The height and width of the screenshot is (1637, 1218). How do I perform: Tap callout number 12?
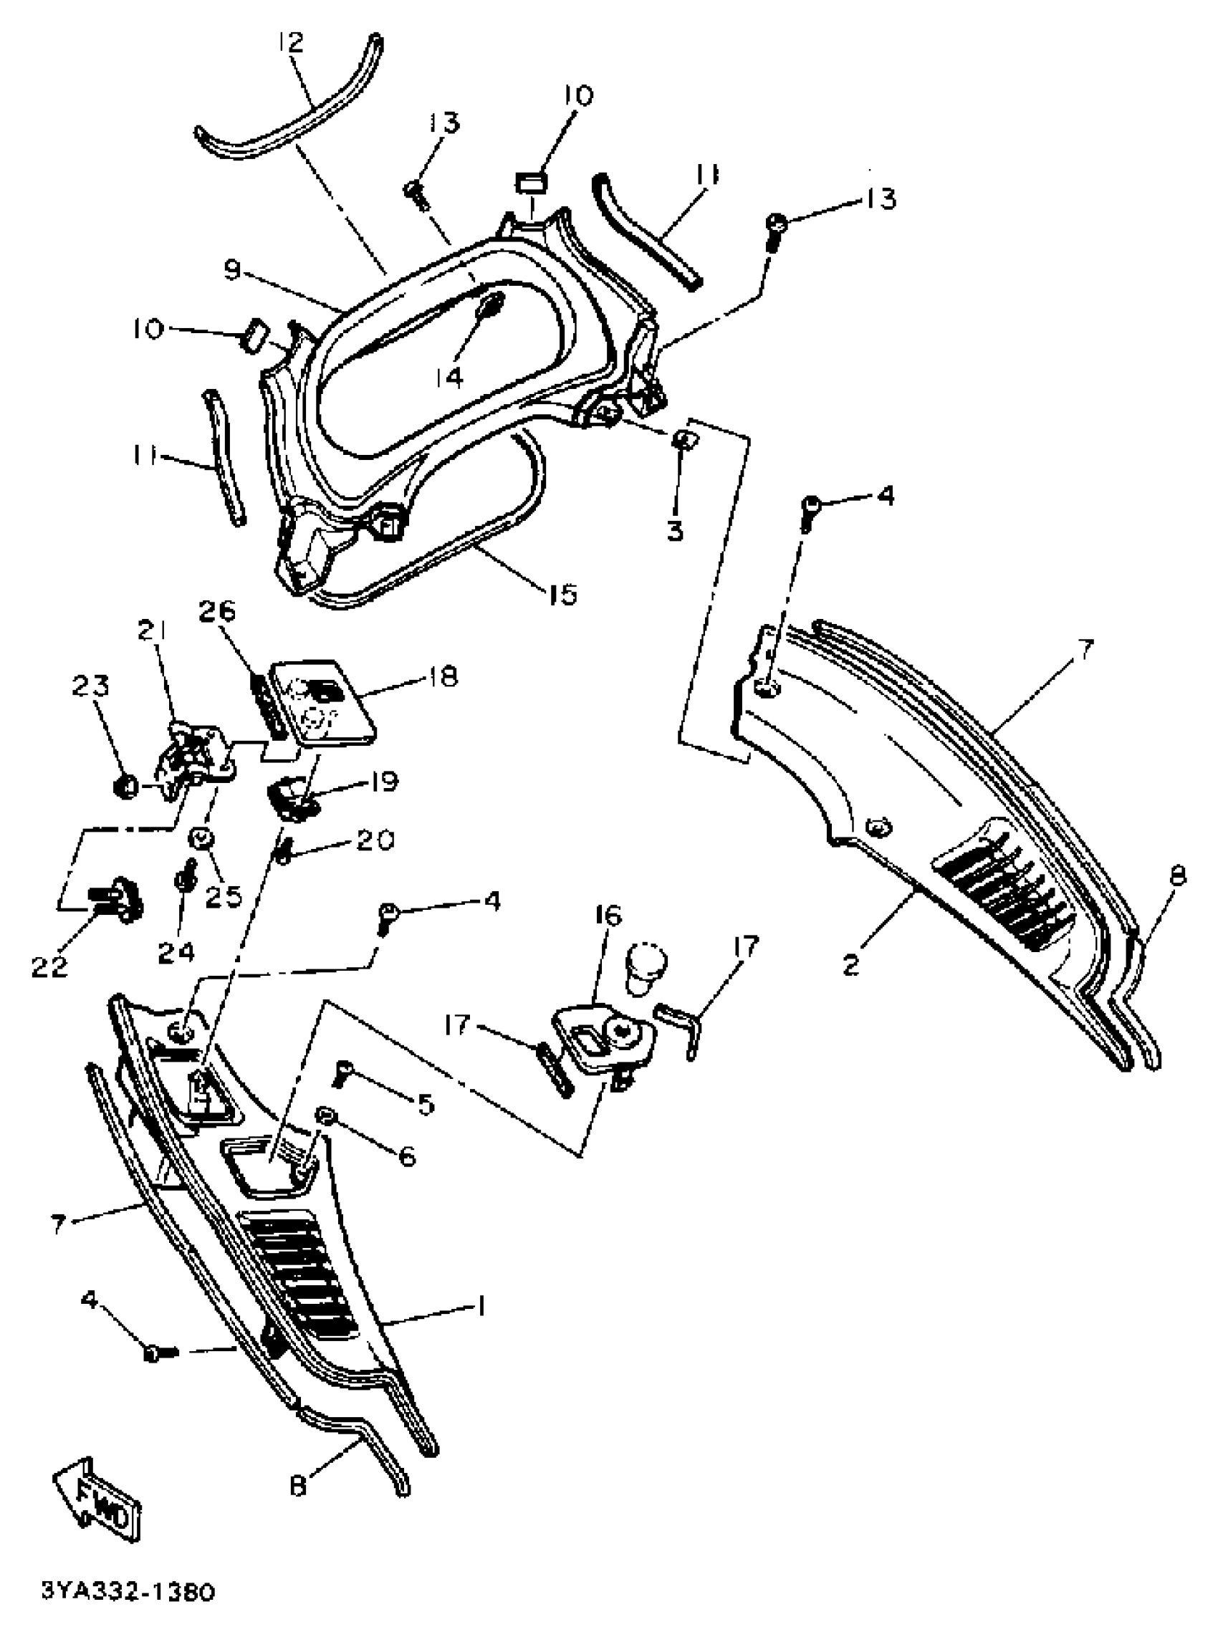[x=290, y=42]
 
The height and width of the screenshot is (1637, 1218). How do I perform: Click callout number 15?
[x=562, y=593]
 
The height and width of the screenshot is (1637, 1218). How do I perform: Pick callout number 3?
[x=676, y=530]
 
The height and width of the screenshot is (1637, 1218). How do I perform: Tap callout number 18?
[x=443, y=676]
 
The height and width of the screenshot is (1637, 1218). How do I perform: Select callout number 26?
[x=216, y=611]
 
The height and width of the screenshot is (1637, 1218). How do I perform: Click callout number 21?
[x=152, y=630]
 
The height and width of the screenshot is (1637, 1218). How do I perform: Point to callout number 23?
[x=91, y=686]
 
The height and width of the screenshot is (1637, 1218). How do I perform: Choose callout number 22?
[x=50, y=965]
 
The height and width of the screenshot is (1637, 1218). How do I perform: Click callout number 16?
[x=608, y=916]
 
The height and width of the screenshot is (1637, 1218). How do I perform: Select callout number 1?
[x=480, y=1307]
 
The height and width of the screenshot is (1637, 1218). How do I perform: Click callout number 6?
[x=408, y=1156]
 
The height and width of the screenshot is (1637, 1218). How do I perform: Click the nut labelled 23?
[x=125, y=787]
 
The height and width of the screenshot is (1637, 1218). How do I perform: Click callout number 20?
[x=375, y=840]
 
